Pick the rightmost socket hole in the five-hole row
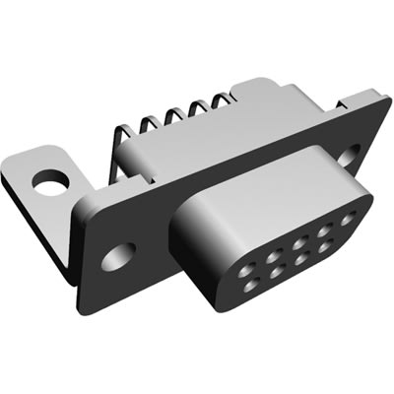346,219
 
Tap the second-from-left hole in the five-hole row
268,242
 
